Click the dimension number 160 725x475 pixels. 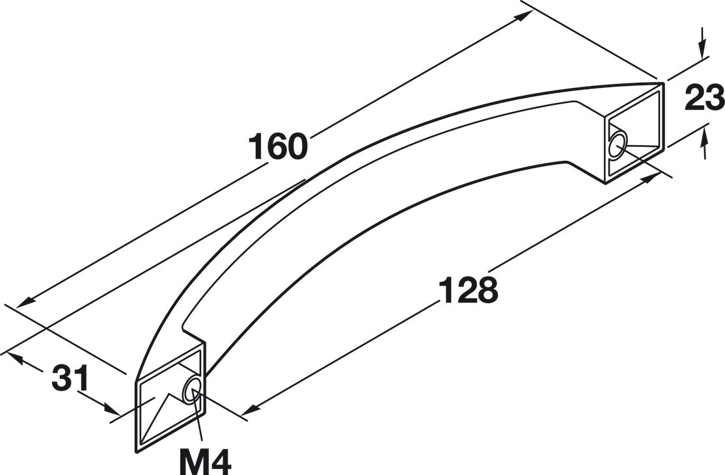tap(278, 146)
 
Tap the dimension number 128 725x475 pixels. tap(468, 290)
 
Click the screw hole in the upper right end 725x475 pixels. tap(617, 146)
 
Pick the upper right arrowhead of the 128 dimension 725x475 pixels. tap(651, 177)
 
